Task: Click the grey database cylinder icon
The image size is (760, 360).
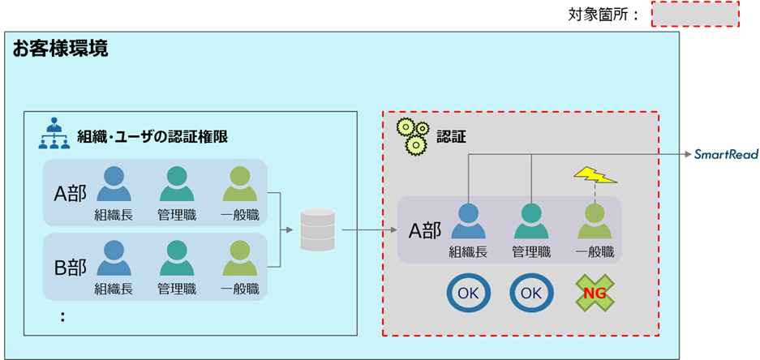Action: [316, 230]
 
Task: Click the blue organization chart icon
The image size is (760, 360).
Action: [55, 135]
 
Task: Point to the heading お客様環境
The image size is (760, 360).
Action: [59, 49]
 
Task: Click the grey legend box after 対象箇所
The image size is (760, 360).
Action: [695, 15]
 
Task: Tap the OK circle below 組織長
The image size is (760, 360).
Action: [468, 293]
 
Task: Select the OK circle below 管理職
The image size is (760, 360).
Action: [531, 293]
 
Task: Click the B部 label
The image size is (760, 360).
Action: [71, 266]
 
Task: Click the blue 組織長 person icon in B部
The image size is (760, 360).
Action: [114, 259]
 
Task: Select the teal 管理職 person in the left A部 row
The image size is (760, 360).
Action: [177, 184]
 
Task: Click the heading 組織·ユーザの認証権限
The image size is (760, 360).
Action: [152, 137]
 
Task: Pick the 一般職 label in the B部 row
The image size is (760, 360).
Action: [240, 289]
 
